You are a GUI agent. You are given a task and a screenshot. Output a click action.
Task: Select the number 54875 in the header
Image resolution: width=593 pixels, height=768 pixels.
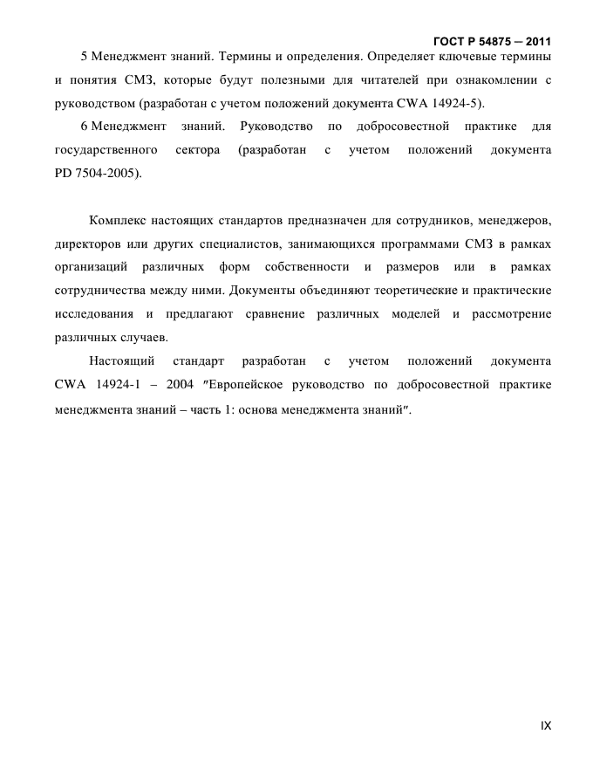495,41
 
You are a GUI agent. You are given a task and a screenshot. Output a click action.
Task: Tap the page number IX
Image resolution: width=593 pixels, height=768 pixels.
546,725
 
